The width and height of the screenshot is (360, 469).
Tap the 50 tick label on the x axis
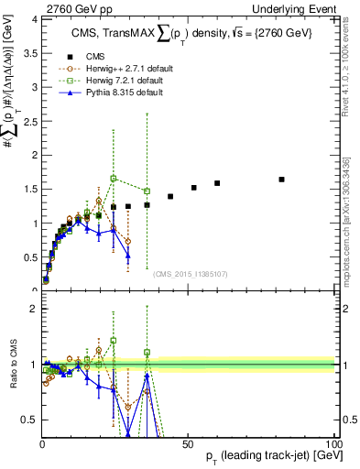[188, 442]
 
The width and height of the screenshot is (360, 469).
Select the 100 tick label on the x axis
[333, 442]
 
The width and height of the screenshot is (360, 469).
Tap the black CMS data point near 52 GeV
[194, 188]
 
